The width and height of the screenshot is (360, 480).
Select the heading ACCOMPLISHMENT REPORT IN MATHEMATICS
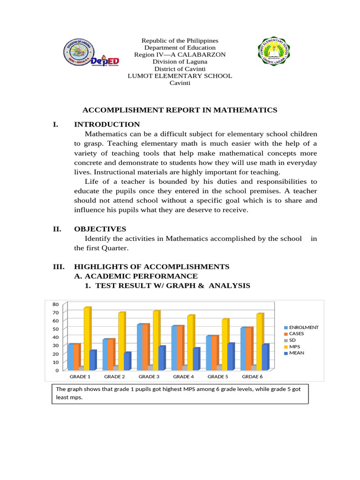tap(180, 110)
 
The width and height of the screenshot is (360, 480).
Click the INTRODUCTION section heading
tap(107, 124)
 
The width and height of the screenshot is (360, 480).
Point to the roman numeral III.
tap(58, 267)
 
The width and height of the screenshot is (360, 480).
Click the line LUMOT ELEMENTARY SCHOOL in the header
tap(180, 76)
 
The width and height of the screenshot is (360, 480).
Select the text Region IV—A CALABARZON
tap(180, 55)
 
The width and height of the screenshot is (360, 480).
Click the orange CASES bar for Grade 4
tap(180, 347)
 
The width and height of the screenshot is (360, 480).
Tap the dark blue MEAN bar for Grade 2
tap(127, 361)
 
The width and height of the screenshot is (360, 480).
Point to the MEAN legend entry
tap(296, 353)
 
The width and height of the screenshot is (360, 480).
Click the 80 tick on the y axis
tap(56, 304)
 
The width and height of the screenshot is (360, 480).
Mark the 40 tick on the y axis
tap(56, 337)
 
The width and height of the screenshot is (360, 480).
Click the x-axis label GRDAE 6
tap(252, 376)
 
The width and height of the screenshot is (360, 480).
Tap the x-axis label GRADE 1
tap(80, 376)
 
